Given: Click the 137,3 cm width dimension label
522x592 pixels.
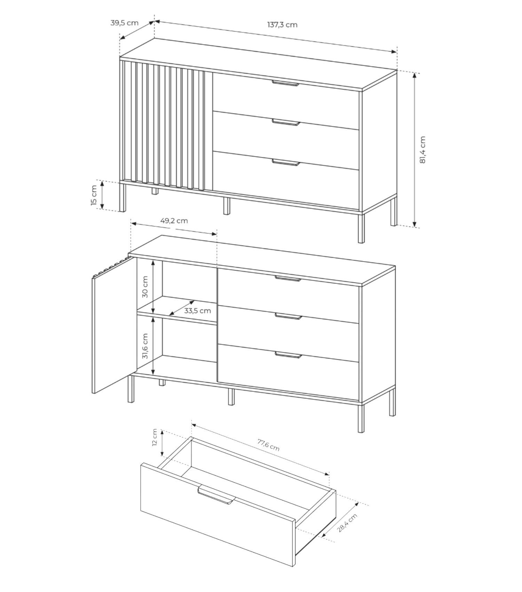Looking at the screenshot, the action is point(282,25).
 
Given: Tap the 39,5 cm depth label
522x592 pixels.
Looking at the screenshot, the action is point(124,23).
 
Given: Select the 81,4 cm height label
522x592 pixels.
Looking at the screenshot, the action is point(422,150).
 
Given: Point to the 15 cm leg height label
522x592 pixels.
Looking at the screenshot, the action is point(94,195).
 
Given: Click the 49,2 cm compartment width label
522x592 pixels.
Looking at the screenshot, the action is point(174,221).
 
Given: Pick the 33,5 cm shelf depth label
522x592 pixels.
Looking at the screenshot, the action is point(197,311).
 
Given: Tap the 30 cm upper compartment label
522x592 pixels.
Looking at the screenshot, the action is point(145,287).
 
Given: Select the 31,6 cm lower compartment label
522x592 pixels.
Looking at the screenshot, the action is point(145,346).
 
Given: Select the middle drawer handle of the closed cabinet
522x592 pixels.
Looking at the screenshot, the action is point(286,122).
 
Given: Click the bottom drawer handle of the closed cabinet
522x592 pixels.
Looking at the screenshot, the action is point(286,162).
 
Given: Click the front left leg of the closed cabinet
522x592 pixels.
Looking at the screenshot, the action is point(122,197).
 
